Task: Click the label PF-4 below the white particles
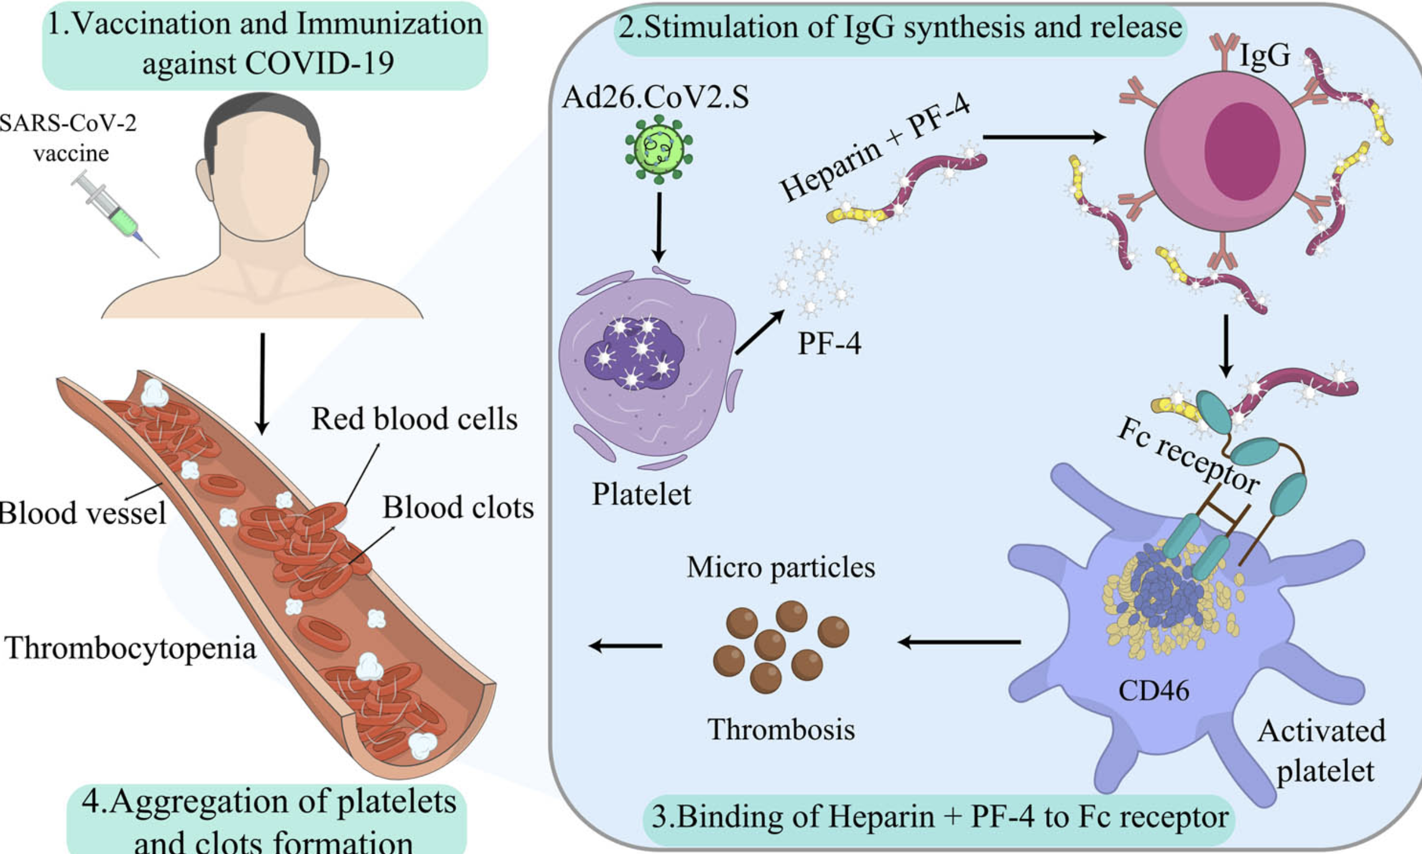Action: point(829,343)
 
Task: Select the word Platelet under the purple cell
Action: point(641,494)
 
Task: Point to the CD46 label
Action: point(1153,690)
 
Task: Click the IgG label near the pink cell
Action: point(1265,57)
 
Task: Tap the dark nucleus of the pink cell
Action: point(1242,151)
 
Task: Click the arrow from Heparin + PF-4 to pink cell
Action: point(1044,137)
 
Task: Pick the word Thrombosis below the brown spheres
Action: point(781,729)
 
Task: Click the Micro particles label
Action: point(781,567)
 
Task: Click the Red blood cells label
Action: point(414,419)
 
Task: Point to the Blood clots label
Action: point(458,507)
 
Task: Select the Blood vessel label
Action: point(82,513)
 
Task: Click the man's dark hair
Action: point(262,112)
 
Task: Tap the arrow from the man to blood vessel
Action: point(262,383)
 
